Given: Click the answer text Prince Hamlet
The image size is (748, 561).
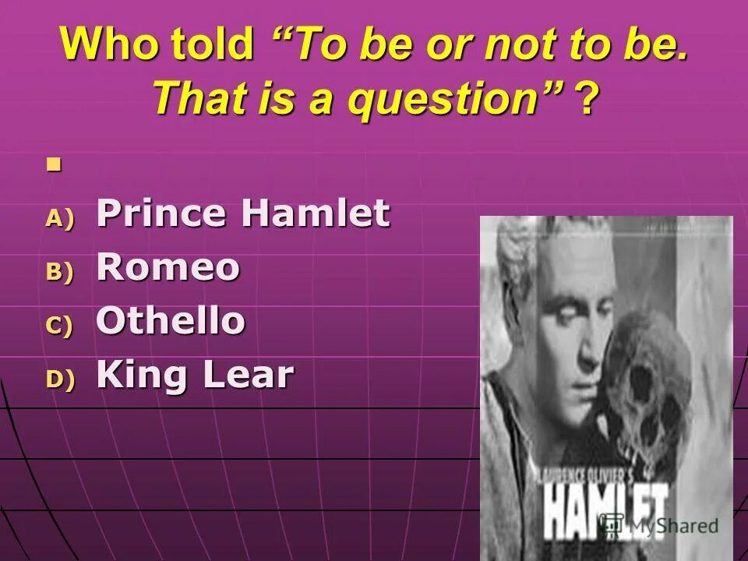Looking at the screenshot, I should tap(242, 213).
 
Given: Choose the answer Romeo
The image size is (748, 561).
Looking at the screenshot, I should tap(168, 268).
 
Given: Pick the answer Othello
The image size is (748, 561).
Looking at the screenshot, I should tap(171, 322).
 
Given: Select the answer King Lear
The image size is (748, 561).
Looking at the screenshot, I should tap(195, 376).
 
